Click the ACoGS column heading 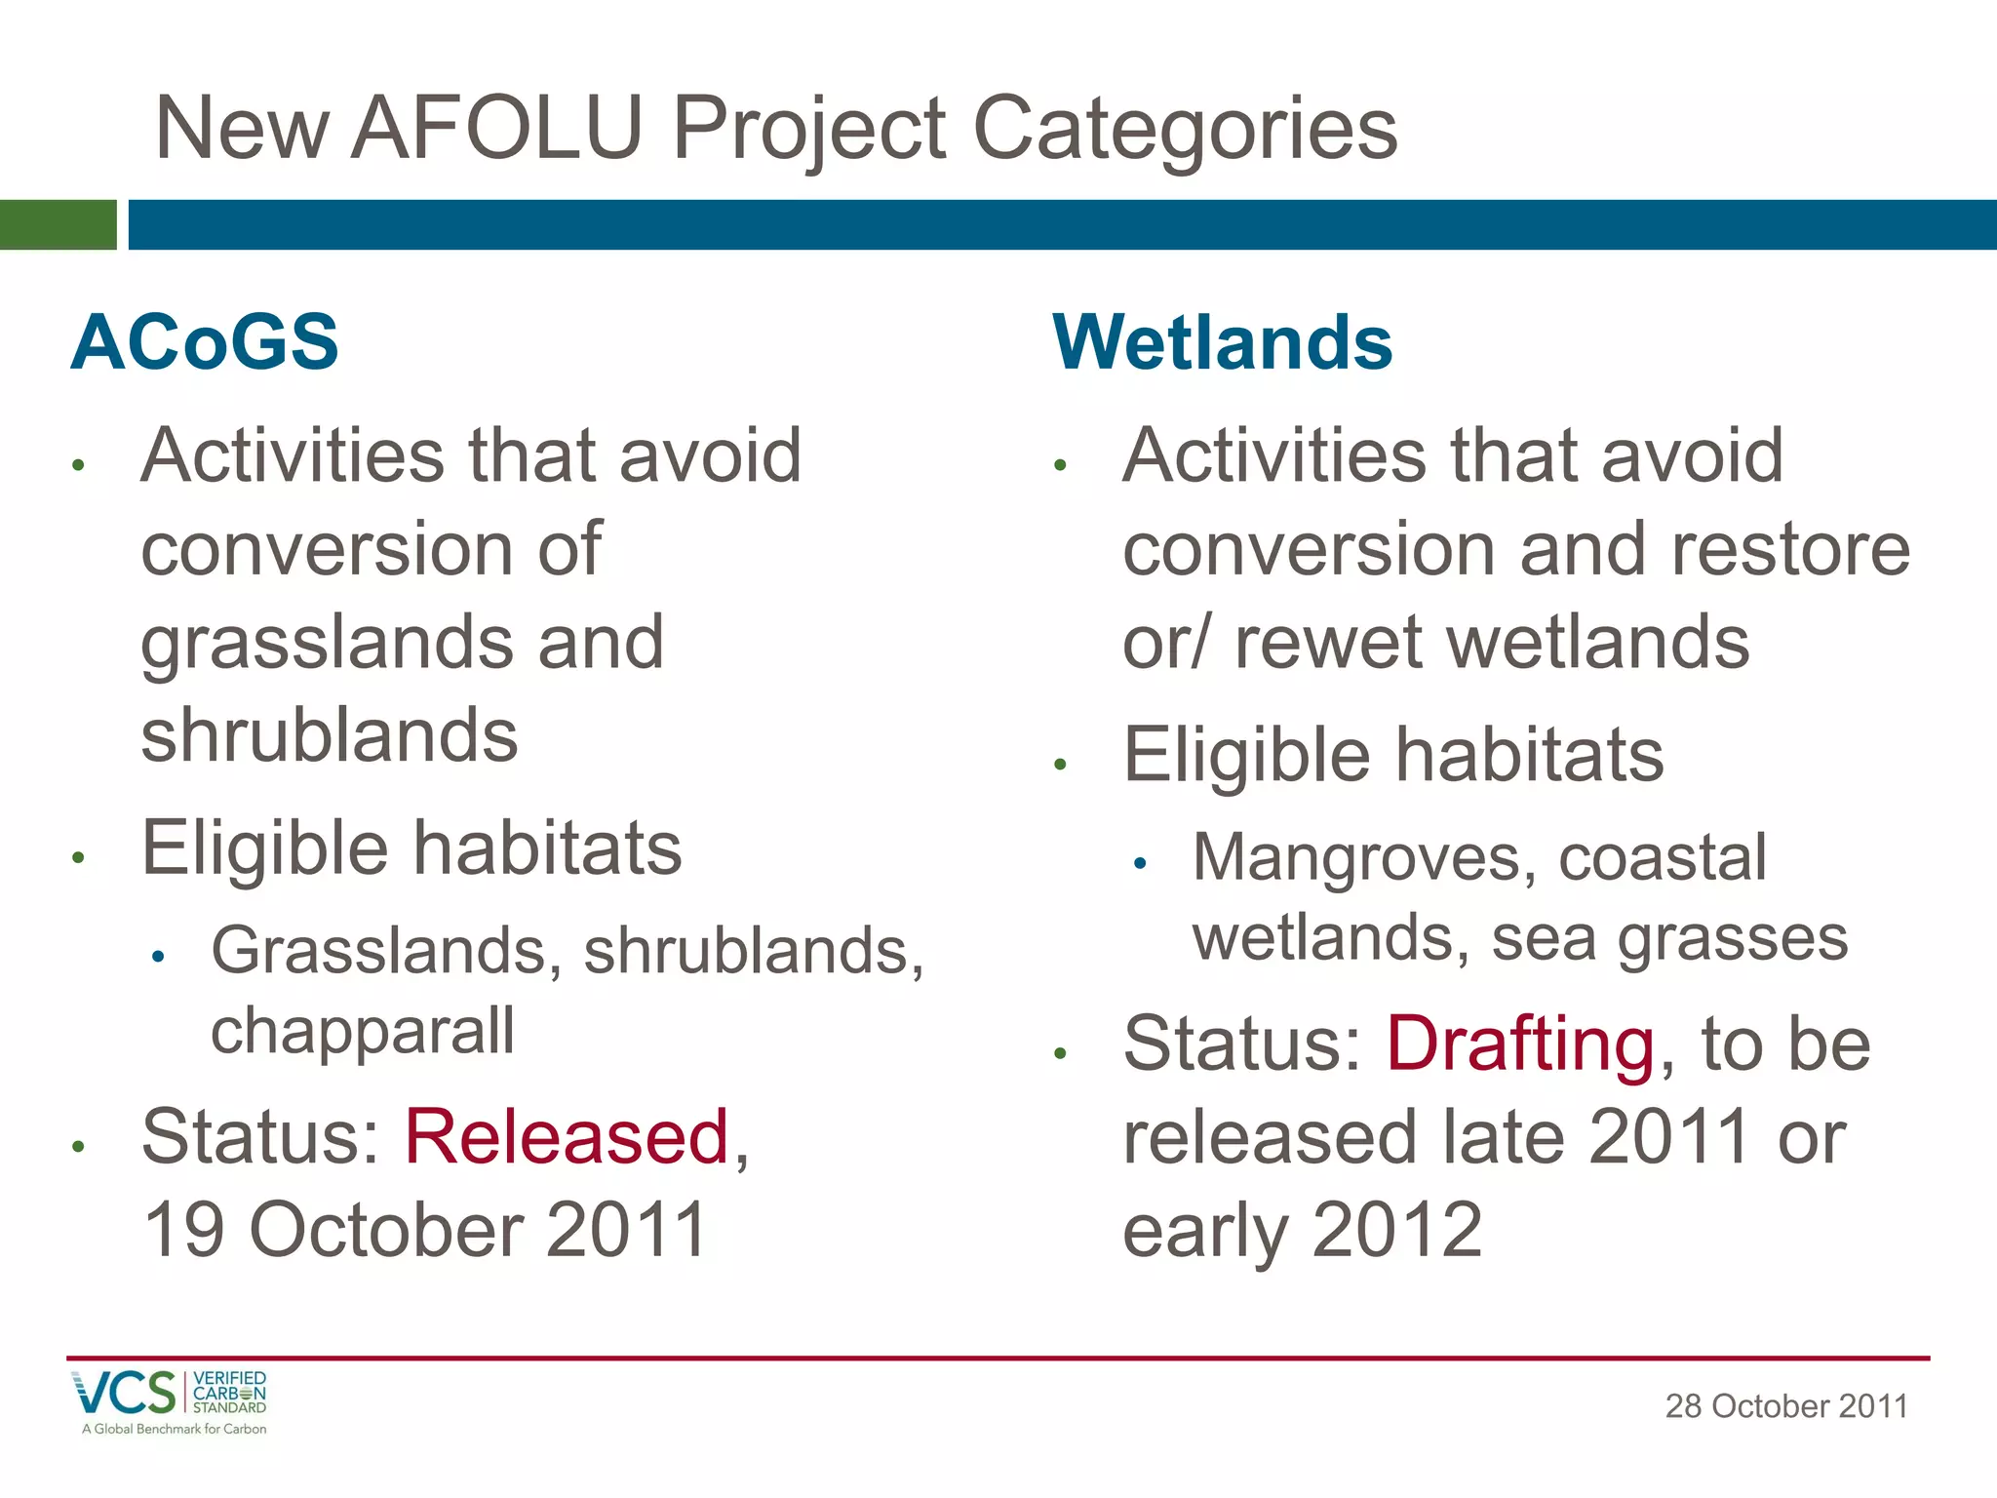coord(205,342)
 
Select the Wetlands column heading coord(1223,342)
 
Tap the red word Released coord(567,1137)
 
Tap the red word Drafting coord(1520,1045)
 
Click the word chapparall coord(363,1032)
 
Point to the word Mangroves coord(1356,858)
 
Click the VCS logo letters coord(124,1393)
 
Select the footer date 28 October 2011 coord(1785,1406)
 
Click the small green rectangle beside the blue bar coord(58,224)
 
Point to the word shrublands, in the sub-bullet coord(754,951)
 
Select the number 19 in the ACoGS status coord(185,1231)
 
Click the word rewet coord(1327,644)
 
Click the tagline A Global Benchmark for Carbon coord(175,1429)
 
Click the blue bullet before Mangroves coord(1140,863)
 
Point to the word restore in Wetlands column coord(1790,550)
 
